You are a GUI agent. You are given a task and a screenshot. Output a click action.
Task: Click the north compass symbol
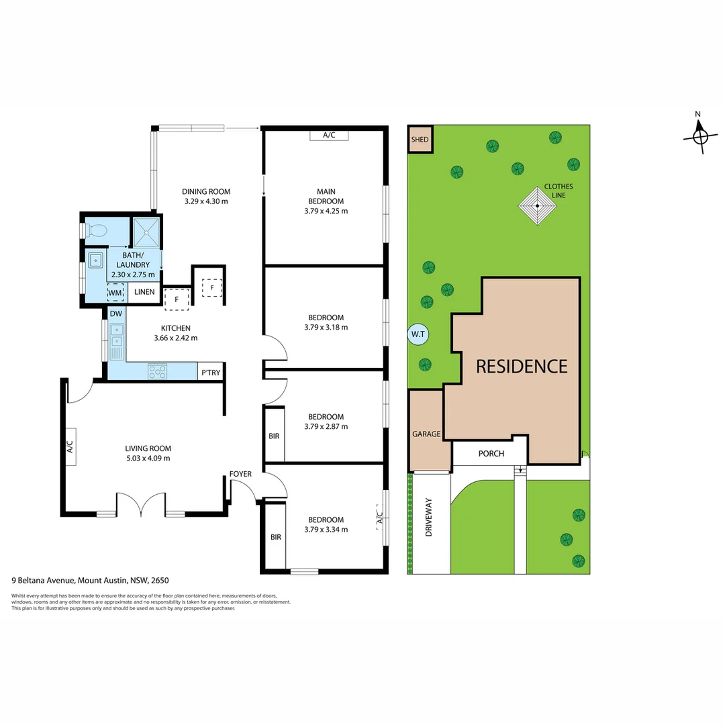click(699, 136)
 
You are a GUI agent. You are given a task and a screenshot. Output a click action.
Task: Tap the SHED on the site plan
click(420, 140)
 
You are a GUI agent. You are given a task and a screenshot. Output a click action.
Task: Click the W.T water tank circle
click(419, 334)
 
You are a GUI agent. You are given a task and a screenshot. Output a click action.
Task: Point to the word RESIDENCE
click(522, 366)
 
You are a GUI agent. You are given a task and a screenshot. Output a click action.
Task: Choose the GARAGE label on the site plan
click(426, 434)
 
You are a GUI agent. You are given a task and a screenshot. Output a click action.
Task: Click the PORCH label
click(491, 454)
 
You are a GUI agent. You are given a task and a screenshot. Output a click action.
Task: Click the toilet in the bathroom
click(96, 231)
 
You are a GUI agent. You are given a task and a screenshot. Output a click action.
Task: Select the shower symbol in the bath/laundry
click(146, 231)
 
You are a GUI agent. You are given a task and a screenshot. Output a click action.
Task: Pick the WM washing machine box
click(116, 292)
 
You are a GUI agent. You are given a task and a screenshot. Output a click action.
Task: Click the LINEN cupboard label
click(145, 292)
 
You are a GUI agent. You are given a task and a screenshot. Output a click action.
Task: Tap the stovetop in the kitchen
click(158, 371)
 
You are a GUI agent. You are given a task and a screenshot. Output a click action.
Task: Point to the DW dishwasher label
click(115, 313)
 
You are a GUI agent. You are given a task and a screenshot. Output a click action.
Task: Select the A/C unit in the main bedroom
click(329, 135)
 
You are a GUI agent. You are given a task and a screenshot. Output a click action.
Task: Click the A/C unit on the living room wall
click(70, 446)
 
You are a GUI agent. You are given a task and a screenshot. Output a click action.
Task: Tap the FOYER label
click(240, 474)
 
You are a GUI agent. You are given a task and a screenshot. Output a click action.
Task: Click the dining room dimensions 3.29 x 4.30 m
click(205, 201)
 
